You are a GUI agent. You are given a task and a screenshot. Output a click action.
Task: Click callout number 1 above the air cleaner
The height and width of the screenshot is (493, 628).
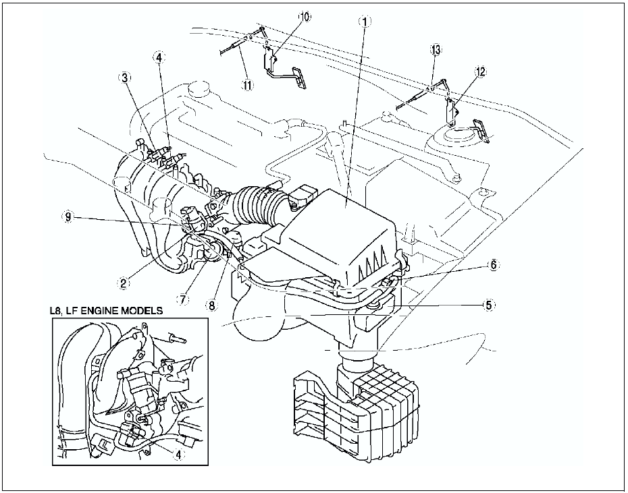point(364,22)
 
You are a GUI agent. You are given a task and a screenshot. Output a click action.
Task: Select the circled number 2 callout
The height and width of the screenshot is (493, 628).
point(124,283)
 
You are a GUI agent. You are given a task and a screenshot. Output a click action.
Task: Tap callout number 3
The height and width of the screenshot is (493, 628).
point(125,78)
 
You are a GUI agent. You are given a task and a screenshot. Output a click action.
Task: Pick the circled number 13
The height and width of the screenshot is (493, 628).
point(436,50)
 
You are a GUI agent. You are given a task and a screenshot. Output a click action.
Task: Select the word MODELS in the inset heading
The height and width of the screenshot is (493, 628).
point(145,310)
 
